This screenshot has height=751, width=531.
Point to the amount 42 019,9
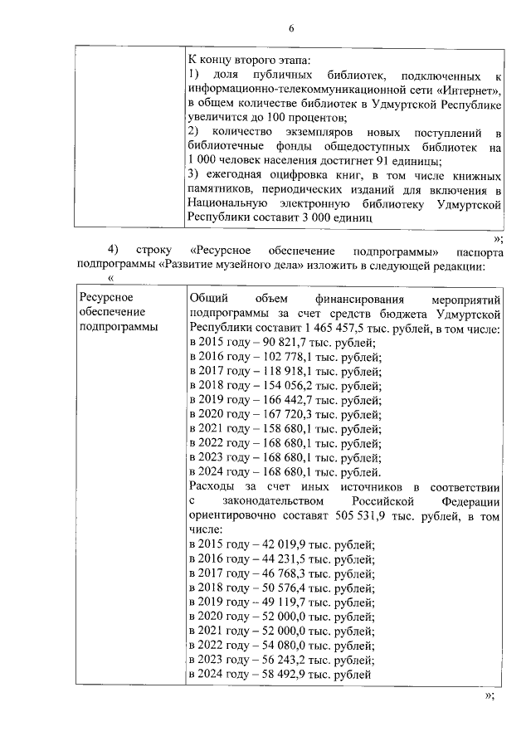(x=270, y=544)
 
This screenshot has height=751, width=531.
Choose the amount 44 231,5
(x=270, y=559)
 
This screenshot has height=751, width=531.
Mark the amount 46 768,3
(x=270, y=573)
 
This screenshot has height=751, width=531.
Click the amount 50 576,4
(x=270, y=588)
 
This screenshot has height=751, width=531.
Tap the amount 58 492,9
(x=270, y=675)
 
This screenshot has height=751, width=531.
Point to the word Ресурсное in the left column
(x=105, y=297)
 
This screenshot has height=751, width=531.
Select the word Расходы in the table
(x=212, y=486)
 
